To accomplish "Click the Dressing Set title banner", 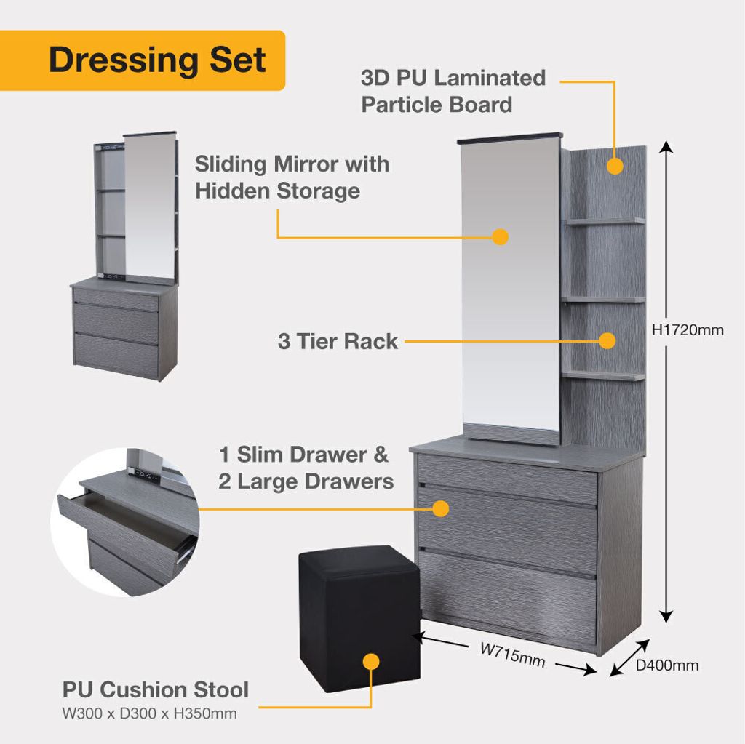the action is (x=142, y=60).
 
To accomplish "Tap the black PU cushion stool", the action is (x=359, y=613).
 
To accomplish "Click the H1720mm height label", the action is (x=688, y=329).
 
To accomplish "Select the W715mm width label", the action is (x=512, y=655).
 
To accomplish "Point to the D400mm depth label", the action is (x=667, y=665).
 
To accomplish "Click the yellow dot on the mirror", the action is (x=500, y=236).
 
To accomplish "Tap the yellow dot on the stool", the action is (x=371, y=662).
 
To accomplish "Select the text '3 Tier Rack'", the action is (x=338, y=341).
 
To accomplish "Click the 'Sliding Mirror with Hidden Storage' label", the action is (x=292, y=177).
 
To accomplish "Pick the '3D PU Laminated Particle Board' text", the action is (x=453, y=91).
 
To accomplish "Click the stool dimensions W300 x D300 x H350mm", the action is (x=149, y=713).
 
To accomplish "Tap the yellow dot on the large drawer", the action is (x=440, y=508).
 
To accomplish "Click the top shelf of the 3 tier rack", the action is (x=605, y=221).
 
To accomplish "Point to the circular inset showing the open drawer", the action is (x=125, y=521).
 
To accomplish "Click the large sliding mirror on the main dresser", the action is (x=511, y=284).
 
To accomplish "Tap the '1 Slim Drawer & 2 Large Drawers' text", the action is (x=306, y=468).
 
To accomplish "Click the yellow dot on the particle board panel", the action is (x=615, y=166).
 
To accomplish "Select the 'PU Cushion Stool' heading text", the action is (x=156, y=690).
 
